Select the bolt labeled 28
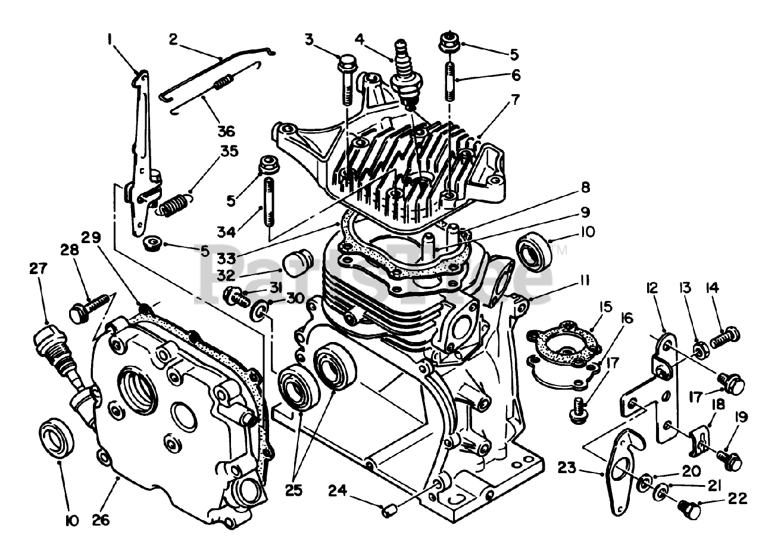(x=90, y=306)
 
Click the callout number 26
(x=101, y=520)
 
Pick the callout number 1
(x=110, y=40)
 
